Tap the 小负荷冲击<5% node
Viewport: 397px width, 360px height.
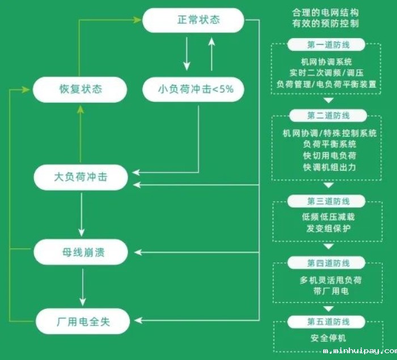[x=193, y=89]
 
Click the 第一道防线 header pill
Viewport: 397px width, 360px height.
[x=328, y=45]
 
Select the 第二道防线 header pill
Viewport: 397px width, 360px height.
[x=328, y=116]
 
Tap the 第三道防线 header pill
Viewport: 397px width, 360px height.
[x=328, y=201]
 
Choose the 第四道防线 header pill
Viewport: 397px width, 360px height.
[x=328, y=263]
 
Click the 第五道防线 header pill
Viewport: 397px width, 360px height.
[x=328, y=322]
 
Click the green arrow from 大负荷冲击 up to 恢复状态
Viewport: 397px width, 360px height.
[x=81, y=134]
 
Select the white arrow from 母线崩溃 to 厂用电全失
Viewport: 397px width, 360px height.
[x=83, y=287]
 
